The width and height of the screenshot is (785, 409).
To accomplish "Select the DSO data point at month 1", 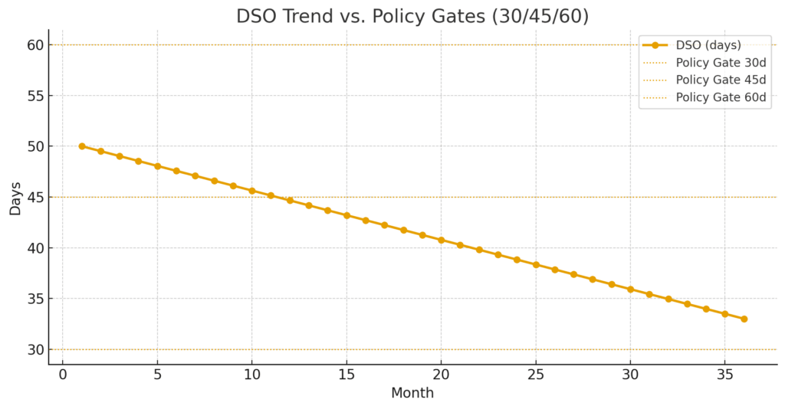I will pyautogui.click(x=81, y=146).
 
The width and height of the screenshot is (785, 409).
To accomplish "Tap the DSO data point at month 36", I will pyautogui.click(x=744, y=319).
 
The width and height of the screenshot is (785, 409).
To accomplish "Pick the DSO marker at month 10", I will pyautogui.click(x=251, y=191).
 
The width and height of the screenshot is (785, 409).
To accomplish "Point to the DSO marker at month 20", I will pyautogui.click(x=441, y=240).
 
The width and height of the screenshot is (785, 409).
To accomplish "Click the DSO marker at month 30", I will pyautogui.click(x=630, y=289).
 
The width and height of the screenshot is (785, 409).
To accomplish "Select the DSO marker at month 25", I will pyautogui.click(x=536, y=264).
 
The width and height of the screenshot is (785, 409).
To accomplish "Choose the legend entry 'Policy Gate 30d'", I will pyautogui.click(x=721, y=63).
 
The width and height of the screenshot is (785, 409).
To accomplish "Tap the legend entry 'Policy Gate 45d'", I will pyautogui.click(x=721, y=80).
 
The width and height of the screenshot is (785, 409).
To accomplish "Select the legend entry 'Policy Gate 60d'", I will pyautogui.click(x=721, y=97).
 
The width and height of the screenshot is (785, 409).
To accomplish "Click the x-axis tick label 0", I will pyautogui.click(x=63, y=375).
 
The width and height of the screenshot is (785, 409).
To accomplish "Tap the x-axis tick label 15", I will pyautogui.click(x=347, y=375).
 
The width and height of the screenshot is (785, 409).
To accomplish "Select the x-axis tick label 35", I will pyautogui.click(x=724, y=375).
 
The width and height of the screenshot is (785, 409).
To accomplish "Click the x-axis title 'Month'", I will pyautogui.click(x=412, y=394).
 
